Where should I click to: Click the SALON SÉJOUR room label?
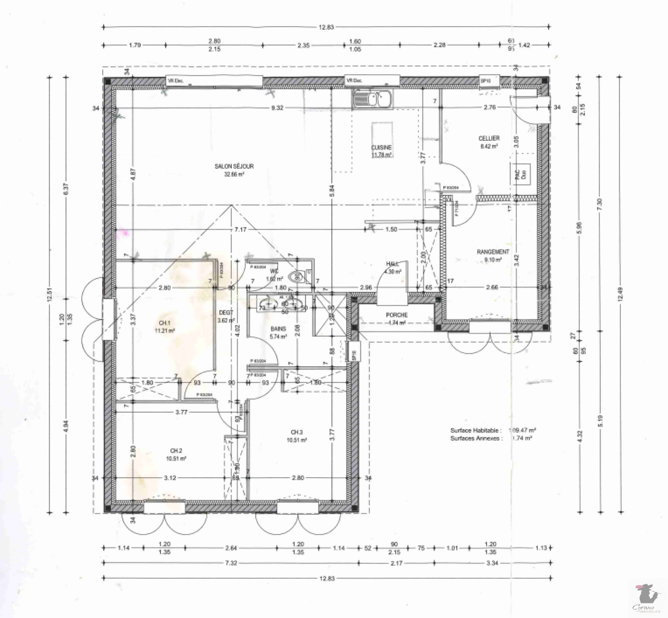(234, 166)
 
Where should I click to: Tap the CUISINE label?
(381, 147)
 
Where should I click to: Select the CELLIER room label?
(489, 138)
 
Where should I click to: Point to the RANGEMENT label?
(493, 252)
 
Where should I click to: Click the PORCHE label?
(397, 315)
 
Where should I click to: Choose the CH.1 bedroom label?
(164, 323)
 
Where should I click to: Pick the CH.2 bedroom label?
(176, 451)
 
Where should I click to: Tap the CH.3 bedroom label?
(297, 432)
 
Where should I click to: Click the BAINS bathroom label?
(278, 329)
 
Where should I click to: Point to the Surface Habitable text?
(476, 430)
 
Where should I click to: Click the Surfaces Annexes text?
(476, 438)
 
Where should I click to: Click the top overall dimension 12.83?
(326, 28)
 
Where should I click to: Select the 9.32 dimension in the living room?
(277, 108)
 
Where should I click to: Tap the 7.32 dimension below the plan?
(230, 563)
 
